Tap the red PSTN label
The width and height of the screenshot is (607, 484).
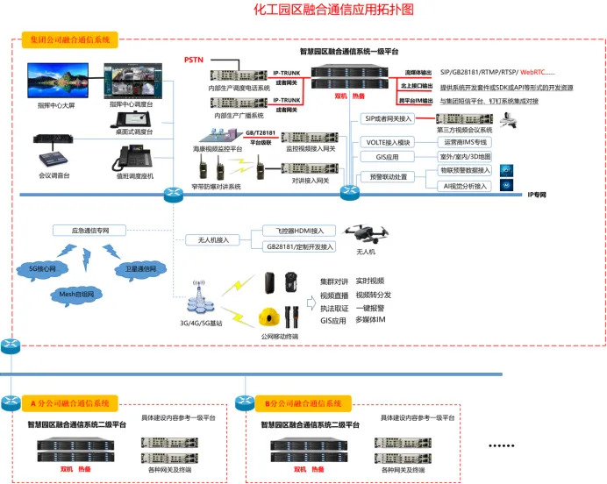click(x=194, y=60)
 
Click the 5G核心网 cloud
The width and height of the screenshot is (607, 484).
click(x=42, y=268)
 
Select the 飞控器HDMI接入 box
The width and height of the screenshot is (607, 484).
click(x=298, y=231)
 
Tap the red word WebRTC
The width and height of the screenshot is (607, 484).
click(x=537, y=71)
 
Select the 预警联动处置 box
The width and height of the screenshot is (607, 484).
click(x=389, y=177)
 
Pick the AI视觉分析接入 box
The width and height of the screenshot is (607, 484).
click(x=468, y=185)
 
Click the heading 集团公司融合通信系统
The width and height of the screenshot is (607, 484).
click(x=70, y=40)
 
